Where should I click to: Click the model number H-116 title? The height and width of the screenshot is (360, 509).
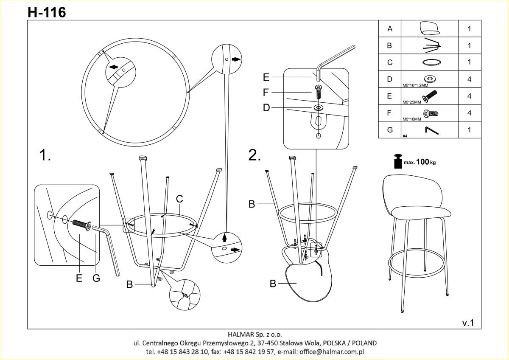tap(47, 12)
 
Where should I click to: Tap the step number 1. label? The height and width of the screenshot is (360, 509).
tap(45, 155)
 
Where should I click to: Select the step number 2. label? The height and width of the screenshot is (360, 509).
tap(255, 155)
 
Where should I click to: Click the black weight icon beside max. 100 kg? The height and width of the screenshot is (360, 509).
tap(398, 161)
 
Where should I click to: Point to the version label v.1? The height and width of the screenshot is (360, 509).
tap(468, 323)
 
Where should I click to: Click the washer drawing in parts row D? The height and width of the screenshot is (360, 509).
tap(430, 79)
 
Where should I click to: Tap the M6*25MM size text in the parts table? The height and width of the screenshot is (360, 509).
tap(412, 102)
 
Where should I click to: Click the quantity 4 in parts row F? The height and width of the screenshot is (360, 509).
tap(469, 113)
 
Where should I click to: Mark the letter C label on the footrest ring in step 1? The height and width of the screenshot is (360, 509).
tap(179, 199)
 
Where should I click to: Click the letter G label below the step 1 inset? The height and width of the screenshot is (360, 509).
tap(96, 278)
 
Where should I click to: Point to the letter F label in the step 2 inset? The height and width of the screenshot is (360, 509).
tap(266, 92)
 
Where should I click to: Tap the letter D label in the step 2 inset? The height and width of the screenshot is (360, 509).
tap(266, 107)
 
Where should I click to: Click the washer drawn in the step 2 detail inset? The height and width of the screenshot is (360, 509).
tap(318, 107)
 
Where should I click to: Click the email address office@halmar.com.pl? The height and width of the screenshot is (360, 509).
tap(332, 352)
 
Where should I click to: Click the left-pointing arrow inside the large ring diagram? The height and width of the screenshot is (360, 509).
tap(113, 67)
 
